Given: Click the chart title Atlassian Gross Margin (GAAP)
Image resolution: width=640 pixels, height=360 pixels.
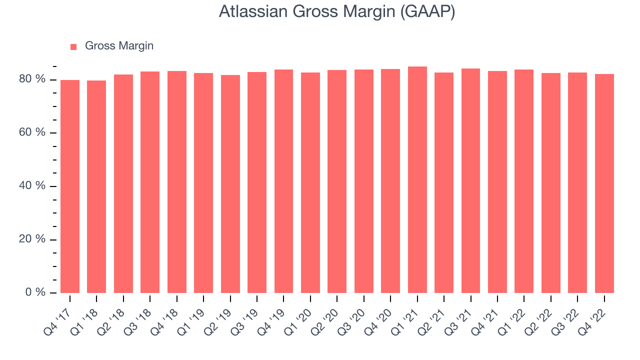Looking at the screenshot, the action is point(337,11).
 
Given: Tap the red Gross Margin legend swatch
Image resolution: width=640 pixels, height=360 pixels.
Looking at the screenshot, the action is point(73,47).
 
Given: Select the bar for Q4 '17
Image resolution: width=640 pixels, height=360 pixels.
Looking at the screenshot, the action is point(70,186).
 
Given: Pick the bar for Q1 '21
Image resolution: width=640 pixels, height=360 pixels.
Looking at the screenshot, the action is point(417,179).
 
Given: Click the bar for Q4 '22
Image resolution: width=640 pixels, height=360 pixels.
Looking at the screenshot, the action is point(604,183).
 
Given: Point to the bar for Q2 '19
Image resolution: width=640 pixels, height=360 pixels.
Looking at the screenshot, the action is point(230,184).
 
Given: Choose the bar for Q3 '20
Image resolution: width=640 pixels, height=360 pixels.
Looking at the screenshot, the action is point(363,181).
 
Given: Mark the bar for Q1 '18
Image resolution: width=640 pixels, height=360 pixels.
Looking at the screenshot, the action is point(96,186).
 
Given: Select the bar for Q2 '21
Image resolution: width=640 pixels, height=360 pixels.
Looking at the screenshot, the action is point(444,182).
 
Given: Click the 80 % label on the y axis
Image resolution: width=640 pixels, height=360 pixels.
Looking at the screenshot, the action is point(32,79).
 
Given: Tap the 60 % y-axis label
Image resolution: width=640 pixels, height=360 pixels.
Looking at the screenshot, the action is point(32,132).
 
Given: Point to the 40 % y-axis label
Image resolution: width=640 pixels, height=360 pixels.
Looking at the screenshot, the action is point(32,185).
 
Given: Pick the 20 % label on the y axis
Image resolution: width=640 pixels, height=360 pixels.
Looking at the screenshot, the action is point(32,239).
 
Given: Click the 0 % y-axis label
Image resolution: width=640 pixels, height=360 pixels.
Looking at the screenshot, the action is point(35,292).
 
